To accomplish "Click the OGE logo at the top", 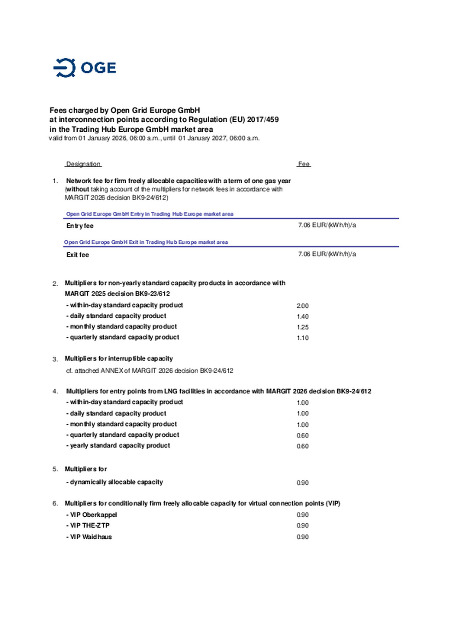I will pyautogui.click(x=84, y=67).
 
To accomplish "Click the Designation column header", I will pyautogui.click(x=83, y=164).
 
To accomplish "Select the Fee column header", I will pyautogui.click(x=304, y=164).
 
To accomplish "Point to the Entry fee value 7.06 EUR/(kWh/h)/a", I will pyautogui.click(x=327, y=225).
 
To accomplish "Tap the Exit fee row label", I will pyautogui.click(x=78, y=255).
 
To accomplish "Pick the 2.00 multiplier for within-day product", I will pyautogui.click(x=302, y=306).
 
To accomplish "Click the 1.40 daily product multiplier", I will pyautogui.click(x=302, y=317).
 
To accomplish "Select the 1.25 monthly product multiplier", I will pyautogui.click(x=302, y=327).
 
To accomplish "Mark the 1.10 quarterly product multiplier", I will pyautogui.click(x=302, y=338).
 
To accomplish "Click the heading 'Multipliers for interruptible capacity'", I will pyautogui.click(x=119, y=358).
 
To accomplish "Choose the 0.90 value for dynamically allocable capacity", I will pyautogui.click(x=302, y=483).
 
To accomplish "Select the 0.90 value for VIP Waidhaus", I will pyautogui.click(x=302, y=537).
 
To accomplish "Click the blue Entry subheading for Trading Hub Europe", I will pyautogui.click(x=149, y=214).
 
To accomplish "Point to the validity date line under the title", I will pyautogui.click(x=154, y=138).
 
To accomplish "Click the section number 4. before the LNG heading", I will pyautogui.click(x=55, y=391).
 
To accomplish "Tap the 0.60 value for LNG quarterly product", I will pyautogui.click(x=302, y=435).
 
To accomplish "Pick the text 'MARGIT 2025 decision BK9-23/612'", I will pyautogui.click(x=117, y=294).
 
